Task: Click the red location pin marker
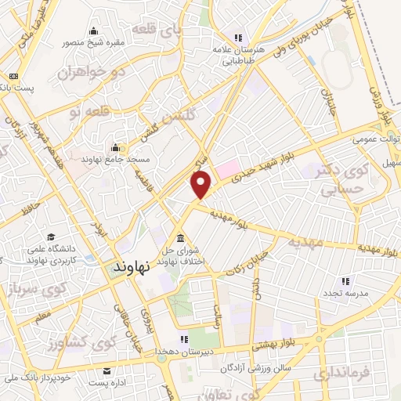point(202,185)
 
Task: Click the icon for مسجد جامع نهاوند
point(115,147)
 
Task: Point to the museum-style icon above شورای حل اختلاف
point(181,238)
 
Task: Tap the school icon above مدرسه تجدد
point(345,280)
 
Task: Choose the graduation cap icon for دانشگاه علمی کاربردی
point(51,237)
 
